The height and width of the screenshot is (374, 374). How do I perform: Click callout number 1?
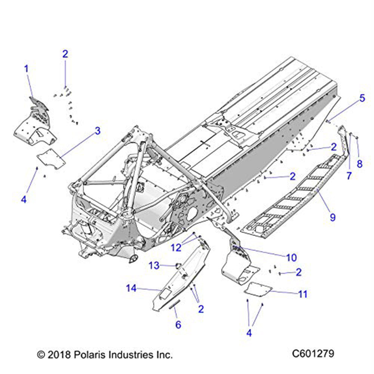(x=27, y=69)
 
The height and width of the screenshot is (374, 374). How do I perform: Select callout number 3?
(x=98, y=131)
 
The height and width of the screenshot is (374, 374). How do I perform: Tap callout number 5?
(x=362, y=98)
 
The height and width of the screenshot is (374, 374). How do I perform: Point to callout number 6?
(x=178, y=325)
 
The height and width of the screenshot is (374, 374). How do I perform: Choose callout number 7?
(x=349, y=175)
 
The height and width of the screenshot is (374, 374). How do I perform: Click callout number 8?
(x=360, y=164)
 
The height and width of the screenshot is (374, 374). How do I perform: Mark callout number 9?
(x=332, y=217)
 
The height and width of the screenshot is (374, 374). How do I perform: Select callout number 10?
(x=291, y=257)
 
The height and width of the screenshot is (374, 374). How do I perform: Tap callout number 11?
(x=303, y=294)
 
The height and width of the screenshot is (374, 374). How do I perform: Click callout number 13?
(x=154, y=266)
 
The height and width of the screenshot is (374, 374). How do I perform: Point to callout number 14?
(x=131, y=288)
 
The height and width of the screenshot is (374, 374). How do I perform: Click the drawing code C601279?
(x=313, y=353)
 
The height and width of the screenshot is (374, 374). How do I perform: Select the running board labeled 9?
(x=292, y=198)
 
